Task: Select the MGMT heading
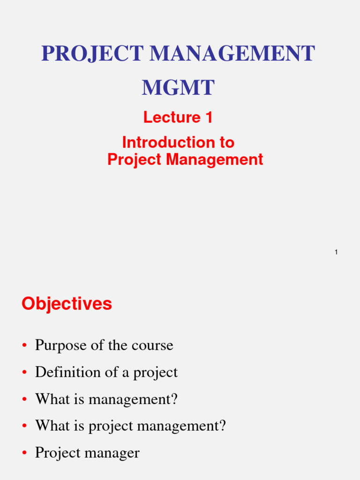click(x=178, y=88)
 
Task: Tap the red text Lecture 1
click(x=178, y=117)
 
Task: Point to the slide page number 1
click(x=336, y=253)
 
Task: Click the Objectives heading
click(x=67, y=304)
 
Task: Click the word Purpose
click(x=60, y=346)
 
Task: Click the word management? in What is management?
click(x=133, y=400)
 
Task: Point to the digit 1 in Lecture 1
click(x=209, y=117)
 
